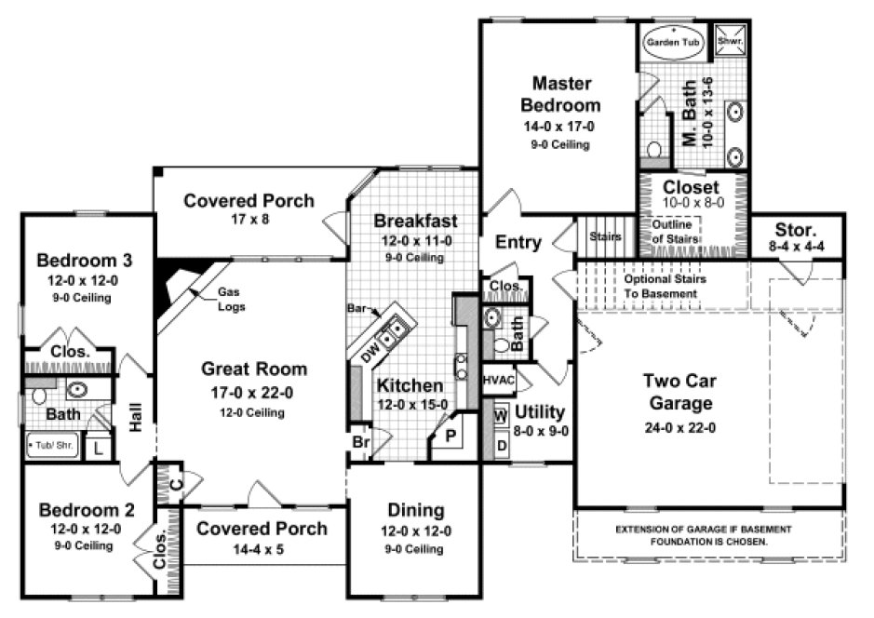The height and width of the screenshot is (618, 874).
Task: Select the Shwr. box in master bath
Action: tap(726, 40)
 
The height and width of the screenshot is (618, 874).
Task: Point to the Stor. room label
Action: tap(799, 229)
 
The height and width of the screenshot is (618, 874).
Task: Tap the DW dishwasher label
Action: tap(371, 352)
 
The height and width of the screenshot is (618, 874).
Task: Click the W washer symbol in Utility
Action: tap(500, 415)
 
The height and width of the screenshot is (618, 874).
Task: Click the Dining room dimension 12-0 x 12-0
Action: tap(416, 531)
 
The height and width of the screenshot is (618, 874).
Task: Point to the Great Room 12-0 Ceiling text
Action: tap(252, 412)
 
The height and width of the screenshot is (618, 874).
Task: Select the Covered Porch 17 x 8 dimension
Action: tap(249, 222)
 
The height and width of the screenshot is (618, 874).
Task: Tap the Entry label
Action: tap(518, 243)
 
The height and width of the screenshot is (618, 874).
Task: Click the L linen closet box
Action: tap(99, 448)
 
